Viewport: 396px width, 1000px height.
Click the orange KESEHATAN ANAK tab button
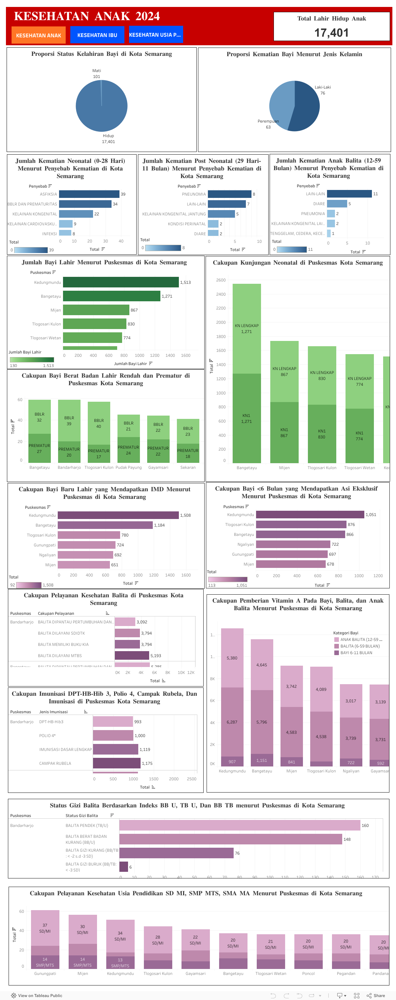tap(38, 35)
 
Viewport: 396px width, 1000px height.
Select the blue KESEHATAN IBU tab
tap(97, 35)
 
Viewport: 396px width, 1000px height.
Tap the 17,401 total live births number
tap(331, 33)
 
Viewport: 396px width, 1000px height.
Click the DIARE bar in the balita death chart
tap(337, 204)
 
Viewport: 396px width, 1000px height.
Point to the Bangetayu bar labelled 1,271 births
tap(111, 296)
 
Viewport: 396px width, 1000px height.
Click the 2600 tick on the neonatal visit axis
tap(221, 280)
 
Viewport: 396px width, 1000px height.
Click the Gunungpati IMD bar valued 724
tap(86, 545)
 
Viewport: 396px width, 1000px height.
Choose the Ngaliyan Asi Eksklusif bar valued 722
tap(293, 544)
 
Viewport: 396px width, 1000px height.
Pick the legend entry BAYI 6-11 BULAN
tap(356, 652)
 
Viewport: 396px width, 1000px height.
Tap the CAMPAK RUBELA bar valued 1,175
tap(116, 763)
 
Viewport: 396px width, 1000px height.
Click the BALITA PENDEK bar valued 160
tap(239, 825)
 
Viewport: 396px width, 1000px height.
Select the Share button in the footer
tap(376, 995)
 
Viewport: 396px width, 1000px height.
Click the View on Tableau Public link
tap(37, 995)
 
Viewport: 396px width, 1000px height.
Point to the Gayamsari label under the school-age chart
tap(195, 973)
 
